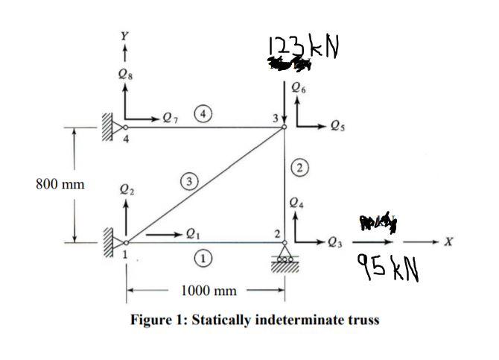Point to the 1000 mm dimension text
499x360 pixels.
206,288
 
